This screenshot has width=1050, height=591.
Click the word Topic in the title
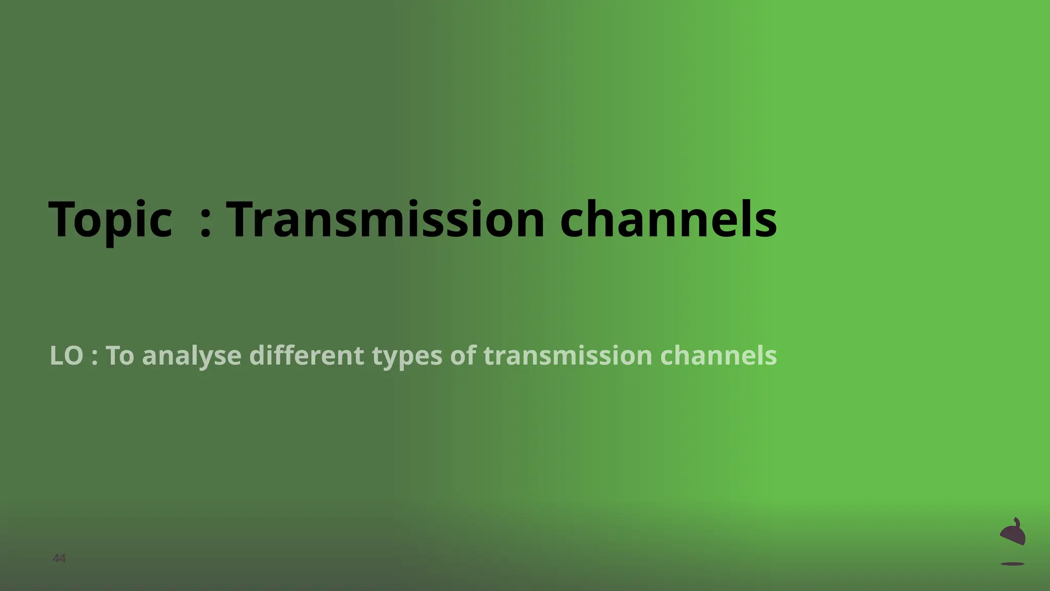click(x=110, y=220)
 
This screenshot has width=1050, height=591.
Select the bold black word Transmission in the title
click(x=385, y=220)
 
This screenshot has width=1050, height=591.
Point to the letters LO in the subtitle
click(x=66, y=356)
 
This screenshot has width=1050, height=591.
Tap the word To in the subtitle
click(x=120, y=356)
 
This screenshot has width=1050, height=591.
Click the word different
click(x=306, y=356)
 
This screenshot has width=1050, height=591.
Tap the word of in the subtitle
click(x=463, y=356)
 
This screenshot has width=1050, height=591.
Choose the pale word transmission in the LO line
click(x=568, y=356)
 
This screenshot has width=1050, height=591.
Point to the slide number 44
click(x=59, y=558)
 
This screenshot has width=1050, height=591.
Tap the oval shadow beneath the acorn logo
click(x=1013, y=564)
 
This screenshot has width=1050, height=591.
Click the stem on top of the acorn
click(x=1017, y=522)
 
